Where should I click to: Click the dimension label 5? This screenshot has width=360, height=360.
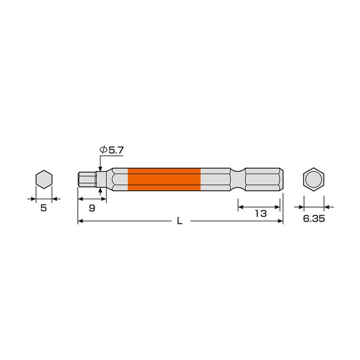[43, 208]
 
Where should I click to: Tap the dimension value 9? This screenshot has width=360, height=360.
[92, 208]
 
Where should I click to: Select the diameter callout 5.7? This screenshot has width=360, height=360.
[116, 150]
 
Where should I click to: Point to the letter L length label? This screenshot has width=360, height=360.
[179, 221]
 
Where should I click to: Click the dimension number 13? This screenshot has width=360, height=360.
[261, 213]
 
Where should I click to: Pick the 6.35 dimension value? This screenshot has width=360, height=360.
[314, 219]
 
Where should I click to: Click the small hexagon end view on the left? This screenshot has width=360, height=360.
[44, 179]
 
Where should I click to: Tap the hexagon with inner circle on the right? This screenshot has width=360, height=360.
[314, 179]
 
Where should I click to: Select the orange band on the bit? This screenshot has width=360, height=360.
[164, 179]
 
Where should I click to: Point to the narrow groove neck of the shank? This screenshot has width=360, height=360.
[238, 179]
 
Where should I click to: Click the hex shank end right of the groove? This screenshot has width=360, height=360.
[263, 179]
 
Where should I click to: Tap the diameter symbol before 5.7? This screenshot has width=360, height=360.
[103, 150]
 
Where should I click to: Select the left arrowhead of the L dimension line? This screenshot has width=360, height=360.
[80, 221]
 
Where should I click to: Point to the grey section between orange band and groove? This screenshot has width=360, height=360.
[215, 179]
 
